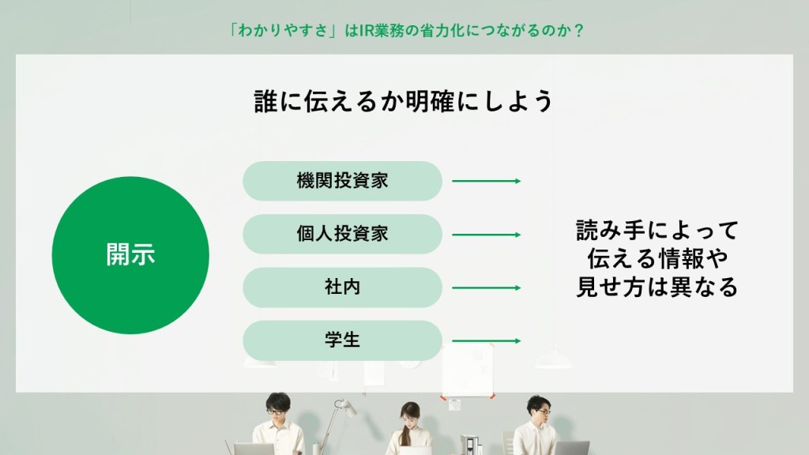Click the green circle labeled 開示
[130, 255]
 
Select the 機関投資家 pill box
[343, 181]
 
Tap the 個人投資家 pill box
[343, 234]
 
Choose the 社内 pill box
[343, 288]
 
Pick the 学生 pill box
[343, 340]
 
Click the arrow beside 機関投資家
[487, 181]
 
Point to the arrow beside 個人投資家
[487, 235]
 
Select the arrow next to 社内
[487, 288]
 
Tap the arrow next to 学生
[487, 341]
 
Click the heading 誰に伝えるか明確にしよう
[404, 101]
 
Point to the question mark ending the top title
[578, 31]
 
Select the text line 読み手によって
[657, 230]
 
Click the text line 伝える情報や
[657, 258]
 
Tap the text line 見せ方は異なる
[657, 287]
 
